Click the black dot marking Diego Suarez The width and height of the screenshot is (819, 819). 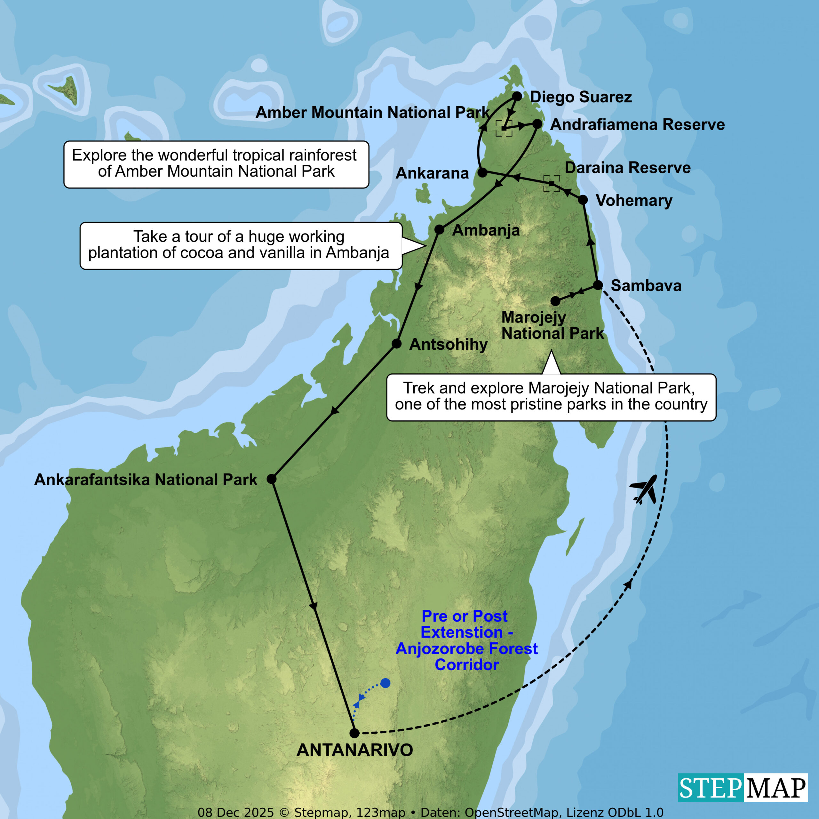tap(517, 96)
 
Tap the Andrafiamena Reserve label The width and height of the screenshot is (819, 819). tap(637, 125)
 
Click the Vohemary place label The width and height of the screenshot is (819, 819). tap(634, 201)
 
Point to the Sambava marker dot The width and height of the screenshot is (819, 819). tap(598, 285)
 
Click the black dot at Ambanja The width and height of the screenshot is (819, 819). tap(439, 230)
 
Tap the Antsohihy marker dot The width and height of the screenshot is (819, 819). tap(396, 343)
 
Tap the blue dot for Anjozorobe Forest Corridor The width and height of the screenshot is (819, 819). tap(385, 683)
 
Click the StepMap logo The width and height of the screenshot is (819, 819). tap(743, 788)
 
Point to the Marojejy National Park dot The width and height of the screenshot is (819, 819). tap(555, 301)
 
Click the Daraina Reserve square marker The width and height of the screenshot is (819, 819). tap(552, 184)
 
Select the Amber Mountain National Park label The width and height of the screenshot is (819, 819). tap(372, 113)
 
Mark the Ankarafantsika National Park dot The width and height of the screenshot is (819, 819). tap(272, 479)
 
